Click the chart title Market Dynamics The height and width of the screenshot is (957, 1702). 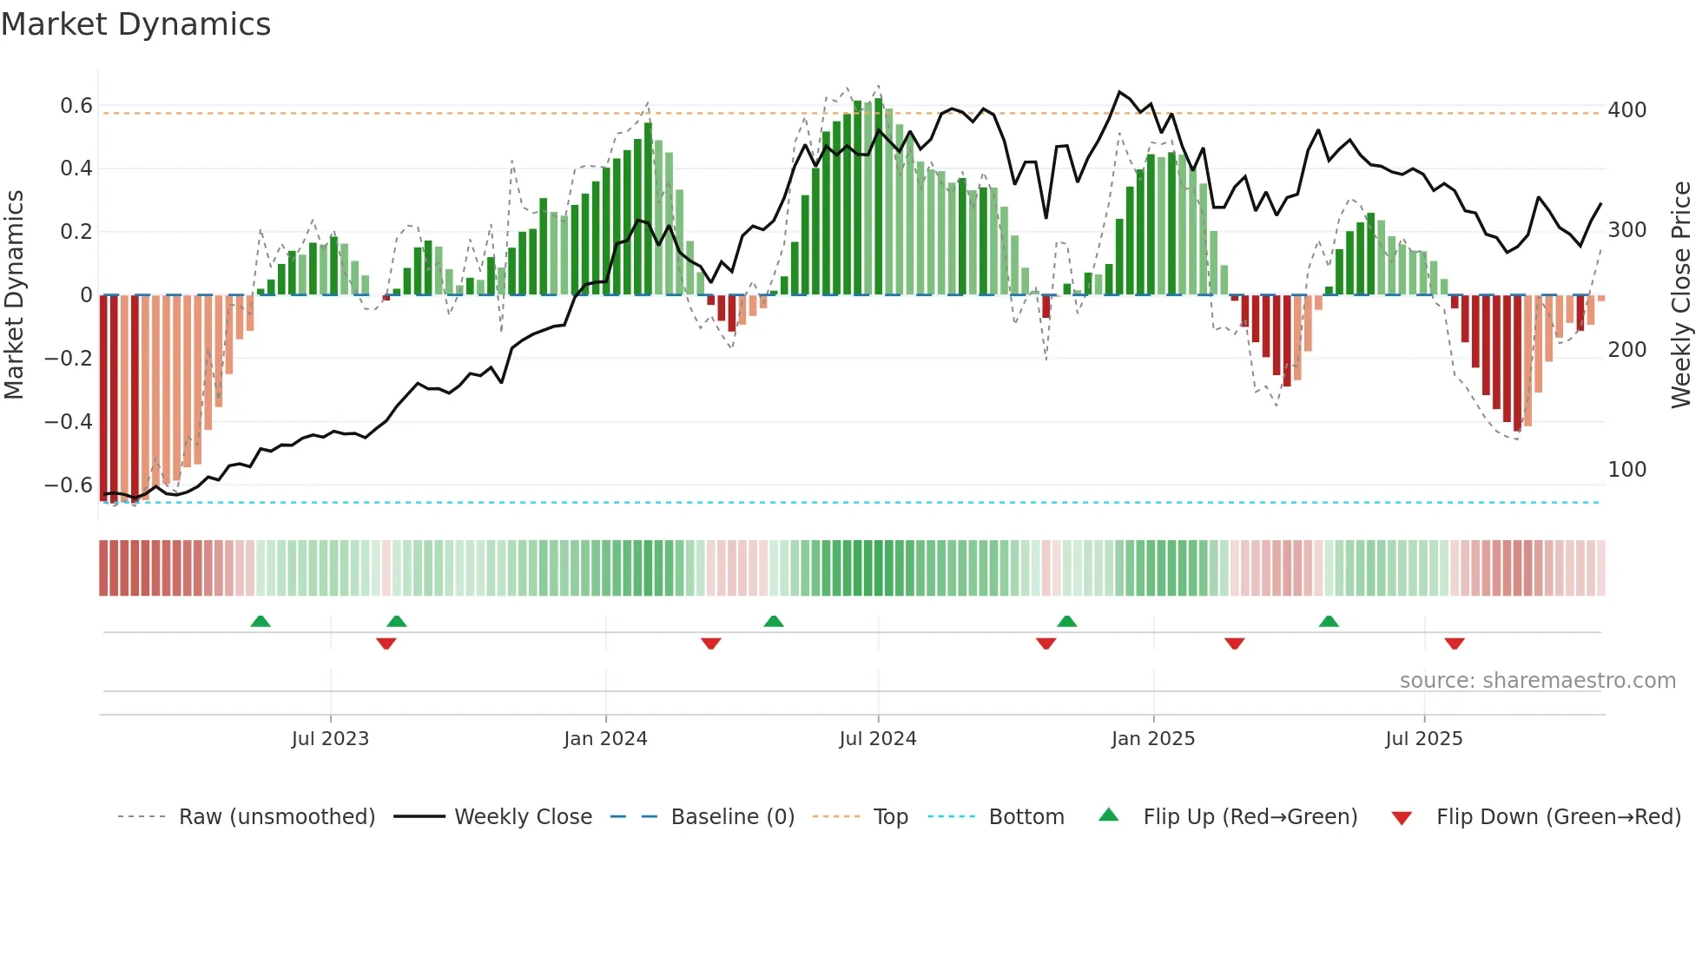tap(135, 24)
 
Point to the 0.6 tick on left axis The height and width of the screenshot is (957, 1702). tap(76, 106)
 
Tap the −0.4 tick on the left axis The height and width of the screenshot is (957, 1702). tap(69, 421)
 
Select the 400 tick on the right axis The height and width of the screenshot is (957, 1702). tap(1626, 110)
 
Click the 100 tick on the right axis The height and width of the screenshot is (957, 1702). tap(1626, 470)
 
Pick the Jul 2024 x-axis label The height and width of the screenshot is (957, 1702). tap(877, 739)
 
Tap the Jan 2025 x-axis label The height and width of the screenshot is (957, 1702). tap(1152, 739)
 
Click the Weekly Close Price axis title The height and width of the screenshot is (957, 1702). tap(1681, 294)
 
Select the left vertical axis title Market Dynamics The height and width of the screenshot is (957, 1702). tap(14, 294)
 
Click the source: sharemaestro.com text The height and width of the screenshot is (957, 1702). tap(1537, 681)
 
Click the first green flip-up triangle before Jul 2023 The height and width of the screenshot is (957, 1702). tap(261, 621)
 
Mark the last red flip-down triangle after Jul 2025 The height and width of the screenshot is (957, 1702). tap(1455, 643)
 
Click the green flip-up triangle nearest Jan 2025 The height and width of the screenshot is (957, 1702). tap(1067, 621)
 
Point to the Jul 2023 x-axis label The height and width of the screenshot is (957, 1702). tap(330, 739)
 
